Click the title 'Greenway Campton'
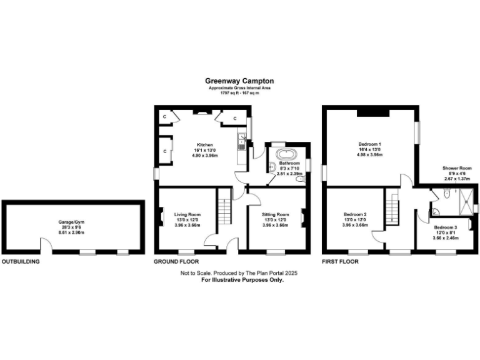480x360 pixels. click(x=239, y=81)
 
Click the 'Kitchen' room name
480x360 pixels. click(x=205, y=144)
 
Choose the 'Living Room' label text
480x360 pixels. click(x=187, y=214)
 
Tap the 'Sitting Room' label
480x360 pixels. click(x=275, y=214)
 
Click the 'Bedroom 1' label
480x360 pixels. click(x=370, y=144)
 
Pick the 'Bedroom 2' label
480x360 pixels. click(x=354, y=214)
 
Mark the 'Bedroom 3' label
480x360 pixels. click(x=446, y=227)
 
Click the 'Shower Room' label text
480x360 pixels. click(x=457, y=168)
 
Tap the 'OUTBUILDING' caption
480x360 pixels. click(x=20, y=261)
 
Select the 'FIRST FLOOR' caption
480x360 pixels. click(x=340, y=261)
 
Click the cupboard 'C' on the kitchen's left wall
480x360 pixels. click(x=165, y=151)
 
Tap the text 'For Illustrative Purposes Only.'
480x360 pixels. click(x=242, y=280)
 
